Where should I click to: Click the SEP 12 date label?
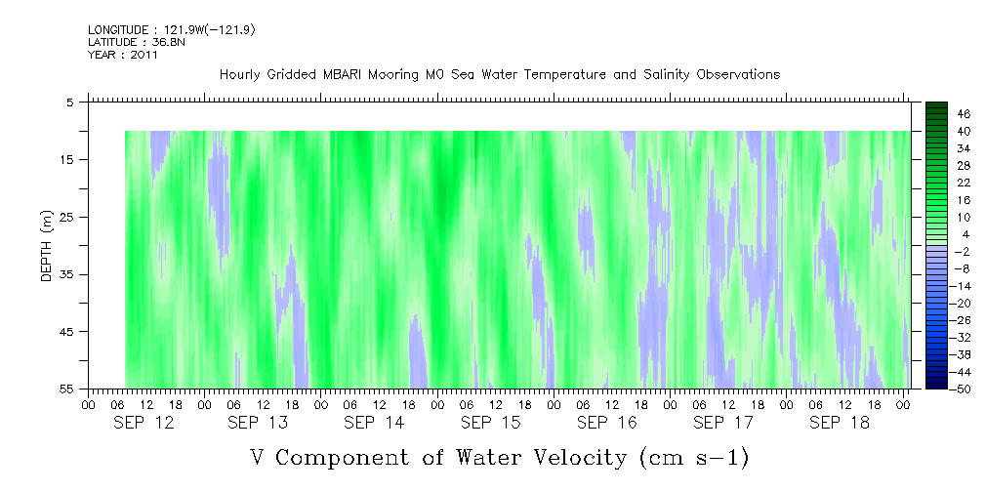(143, 423)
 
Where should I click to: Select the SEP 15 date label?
(491, 423)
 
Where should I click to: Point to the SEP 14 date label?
(375, 423)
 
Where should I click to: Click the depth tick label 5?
(70, 102)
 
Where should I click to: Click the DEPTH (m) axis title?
(46, 245)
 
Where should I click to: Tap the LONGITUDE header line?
(171, 30)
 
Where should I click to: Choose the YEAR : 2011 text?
(122, 55)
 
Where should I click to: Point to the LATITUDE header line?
(136, 42)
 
